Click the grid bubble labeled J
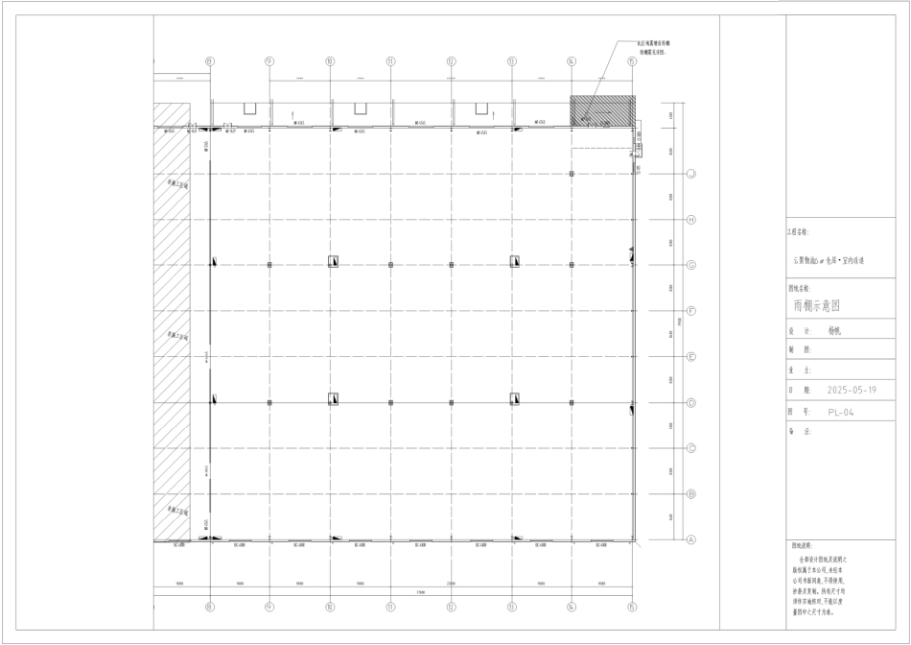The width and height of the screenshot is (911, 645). pos(690,174)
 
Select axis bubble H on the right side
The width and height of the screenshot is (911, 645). pos(690,220)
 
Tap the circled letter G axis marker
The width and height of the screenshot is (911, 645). pos(690,266)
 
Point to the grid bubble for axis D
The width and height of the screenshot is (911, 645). pos(690,403)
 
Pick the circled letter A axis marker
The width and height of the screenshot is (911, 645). pos(690,539)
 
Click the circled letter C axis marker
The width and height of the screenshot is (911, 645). pos(690,448)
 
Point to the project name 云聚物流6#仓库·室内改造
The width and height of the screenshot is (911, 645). pos(829,260)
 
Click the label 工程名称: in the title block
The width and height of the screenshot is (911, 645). pos(798,232)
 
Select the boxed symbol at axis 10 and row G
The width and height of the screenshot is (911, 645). pos(333,261)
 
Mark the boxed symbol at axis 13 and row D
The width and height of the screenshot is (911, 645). pos(515,397)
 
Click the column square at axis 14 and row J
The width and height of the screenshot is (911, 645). pos(572,174)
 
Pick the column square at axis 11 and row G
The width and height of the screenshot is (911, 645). pos(391,265)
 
